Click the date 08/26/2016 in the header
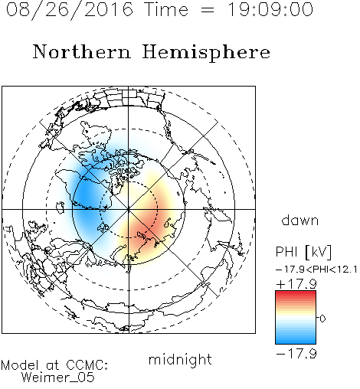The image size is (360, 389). pyautogui.click(x=70, y=10)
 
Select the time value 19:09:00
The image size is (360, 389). pyautogui.click(x=270, y=10)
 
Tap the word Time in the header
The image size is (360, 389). pyautogui.click(x=166, y=10)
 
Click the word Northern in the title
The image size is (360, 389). pyautogui.click(x=82, y=52)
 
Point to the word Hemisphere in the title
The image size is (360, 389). pyautogui.click(x=206, y=53)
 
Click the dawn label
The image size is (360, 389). pyautogui.click(x=300, y=220)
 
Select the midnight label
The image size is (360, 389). pyautogui.click(x=180, y=359)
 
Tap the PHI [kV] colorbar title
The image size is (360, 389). pyautogui.click(x=303, y=252)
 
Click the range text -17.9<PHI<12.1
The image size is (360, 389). pyautogui.click(x=316, y=270)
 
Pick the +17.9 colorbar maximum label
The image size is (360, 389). pyautogui.click(x=296, y=284)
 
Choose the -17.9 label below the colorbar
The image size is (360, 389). pyautogui.click(x=296, y=354)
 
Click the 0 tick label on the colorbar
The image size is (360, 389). pyautogui.click(x=322, y=319)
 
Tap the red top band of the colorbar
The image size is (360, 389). pyautogui.click(x=296, y=294)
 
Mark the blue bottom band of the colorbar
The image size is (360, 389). pyautogui.click(x=296, y=341)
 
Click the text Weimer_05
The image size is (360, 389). pyautogui.click(x=58, y=378)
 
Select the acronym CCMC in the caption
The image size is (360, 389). pyautogui.click(x=87, y=365)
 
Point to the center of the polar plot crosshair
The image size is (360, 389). pyautogui.click(x=129, y=209)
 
